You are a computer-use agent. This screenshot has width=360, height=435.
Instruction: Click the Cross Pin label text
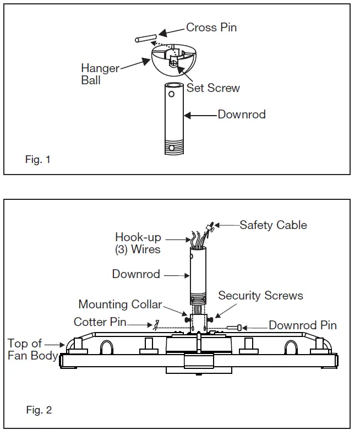211,28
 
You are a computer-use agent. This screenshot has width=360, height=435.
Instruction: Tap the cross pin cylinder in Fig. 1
146,39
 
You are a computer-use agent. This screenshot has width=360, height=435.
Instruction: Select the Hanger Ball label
100,74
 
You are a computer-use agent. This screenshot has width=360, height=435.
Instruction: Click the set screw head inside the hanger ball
173,63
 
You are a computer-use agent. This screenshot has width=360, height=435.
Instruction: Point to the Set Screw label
213,88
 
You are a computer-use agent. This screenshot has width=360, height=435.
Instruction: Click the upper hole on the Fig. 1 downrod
171,94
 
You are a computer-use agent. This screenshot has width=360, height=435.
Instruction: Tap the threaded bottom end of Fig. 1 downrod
174,146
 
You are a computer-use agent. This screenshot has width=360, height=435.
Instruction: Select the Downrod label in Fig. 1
242,115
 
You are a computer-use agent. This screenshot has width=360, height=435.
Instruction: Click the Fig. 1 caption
38,160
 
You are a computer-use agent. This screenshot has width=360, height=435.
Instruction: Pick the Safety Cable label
273,225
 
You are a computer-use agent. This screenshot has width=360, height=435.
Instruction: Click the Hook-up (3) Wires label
138,243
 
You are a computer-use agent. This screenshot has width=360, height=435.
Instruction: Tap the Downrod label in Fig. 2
136,274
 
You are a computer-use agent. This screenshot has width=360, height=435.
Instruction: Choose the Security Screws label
260,296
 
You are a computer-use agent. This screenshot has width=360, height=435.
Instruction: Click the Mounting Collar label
120,304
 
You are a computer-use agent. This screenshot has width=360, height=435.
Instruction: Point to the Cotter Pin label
100,322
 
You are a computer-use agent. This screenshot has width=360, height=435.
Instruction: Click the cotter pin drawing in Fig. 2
157,325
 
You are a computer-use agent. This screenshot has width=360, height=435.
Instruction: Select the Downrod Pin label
303,325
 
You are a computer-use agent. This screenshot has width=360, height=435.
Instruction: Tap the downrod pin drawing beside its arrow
234,328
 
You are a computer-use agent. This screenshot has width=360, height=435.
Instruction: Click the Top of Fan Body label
32,350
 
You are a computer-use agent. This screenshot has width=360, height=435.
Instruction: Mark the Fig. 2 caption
39,410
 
